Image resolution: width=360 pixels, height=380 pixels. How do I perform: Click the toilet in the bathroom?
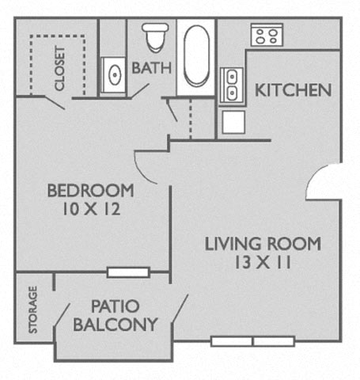pos(155,37)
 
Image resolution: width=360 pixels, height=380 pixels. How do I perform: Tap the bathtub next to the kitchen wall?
pos(196,56)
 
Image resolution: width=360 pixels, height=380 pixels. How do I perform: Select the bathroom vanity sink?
pos(114,75)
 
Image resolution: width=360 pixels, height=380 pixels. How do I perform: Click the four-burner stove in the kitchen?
pos(267,35)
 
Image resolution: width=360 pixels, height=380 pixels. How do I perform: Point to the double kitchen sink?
pos(232,85)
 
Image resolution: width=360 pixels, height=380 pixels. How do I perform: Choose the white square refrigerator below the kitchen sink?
pos(233,122)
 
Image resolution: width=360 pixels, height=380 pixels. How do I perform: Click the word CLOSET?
pos(59,68)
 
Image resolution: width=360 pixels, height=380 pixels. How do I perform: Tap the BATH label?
pos(152,68)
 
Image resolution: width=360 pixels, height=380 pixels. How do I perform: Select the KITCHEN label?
pos(293,90)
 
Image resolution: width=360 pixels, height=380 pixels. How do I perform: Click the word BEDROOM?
pos(91,191)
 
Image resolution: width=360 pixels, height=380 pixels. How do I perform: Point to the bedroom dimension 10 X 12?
pos(91,209)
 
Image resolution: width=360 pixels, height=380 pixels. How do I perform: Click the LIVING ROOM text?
pos(263,244)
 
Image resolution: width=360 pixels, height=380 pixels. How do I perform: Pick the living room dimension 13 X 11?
pos(263,263)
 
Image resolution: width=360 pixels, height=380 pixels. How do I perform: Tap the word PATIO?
pos(116,306)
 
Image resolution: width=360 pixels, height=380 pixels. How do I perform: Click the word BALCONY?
pos(116,325)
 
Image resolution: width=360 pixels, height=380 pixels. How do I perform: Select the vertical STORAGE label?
pos(33,310)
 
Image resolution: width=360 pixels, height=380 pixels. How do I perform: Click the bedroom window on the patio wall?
pos(128,272)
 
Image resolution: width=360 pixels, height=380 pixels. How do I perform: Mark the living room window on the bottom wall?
pos(252,341)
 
